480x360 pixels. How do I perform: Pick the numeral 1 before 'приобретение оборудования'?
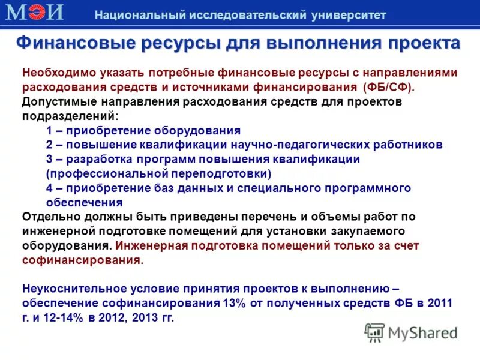click(49, 130)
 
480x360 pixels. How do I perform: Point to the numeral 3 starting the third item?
click(49, 159)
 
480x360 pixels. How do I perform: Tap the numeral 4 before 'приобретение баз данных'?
click(49, 188)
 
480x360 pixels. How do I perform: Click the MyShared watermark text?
click(422, 332)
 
